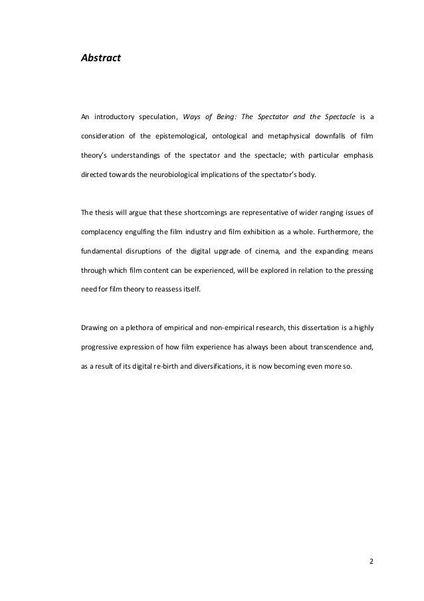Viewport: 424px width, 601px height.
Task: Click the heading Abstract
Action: pyautogui.click(x=101, y=59)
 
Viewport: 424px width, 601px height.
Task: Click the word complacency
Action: pyautogui.click(x=102, y=233)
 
